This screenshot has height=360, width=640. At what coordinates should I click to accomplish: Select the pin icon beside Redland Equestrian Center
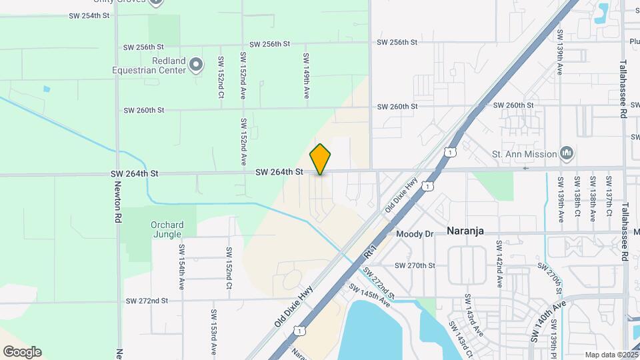point(195,65)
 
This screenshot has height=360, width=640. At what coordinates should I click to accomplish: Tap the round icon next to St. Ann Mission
point(567,154)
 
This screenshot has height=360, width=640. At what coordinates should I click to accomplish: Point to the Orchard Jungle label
point(166,229)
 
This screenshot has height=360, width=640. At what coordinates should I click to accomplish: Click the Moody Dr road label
point(415,234)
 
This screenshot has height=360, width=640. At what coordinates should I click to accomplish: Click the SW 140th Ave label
point(548,321)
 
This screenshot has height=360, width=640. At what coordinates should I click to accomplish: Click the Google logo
point(22,352)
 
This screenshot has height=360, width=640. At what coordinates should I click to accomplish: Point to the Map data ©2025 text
point(611,355)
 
